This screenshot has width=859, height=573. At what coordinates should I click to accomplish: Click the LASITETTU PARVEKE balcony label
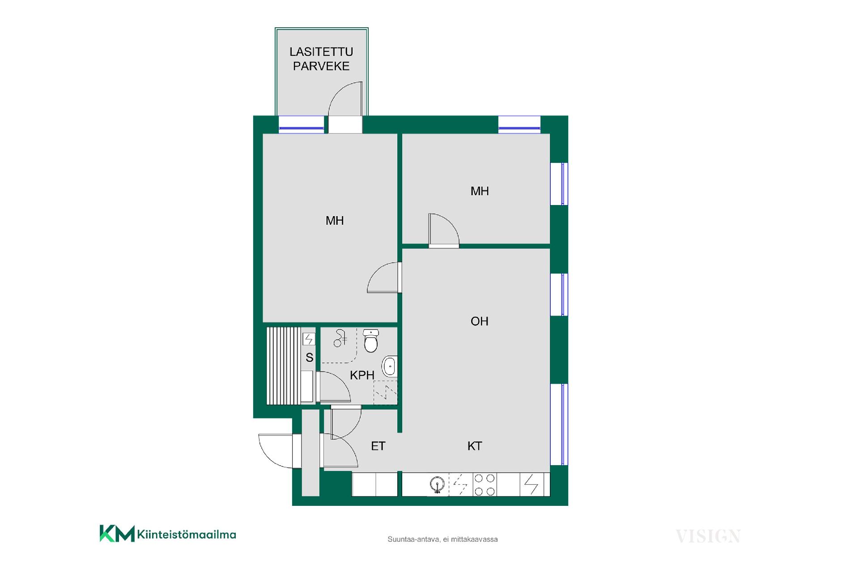coord(321,59)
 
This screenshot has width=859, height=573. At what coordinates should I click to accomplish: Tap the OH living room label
coord(479,321)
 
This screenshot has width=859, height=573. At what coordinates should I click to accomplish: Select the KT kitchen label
coord(475,446)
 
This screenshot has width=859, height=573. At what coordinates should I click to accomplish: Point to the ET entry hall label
coord(378,446)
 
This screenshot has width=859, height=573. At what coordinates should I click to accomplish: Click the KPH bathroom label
coord(362,375)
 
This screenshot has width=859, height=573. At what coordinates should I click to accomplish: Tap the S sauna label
coord(309,358)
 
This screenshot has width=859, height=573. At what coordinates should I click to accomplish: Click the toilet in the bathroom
coord(371,341)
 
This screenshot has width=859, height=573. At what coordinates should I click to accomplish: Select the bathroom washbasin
coord(390,366)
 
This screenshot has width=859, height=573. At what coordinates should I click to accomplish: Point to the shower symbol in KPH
coord(340,338)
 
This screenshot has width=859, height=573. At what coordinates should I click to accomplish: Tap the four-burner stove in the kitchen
coord(485,485)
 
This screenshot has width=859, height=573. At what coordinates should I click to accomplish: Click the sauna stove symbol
coord(309,339)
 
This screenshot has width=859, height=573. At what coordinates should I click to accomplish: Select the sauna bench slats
coord(284,366)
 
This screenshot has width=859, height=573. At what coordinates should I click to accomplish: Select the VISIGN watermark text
coord(708,536)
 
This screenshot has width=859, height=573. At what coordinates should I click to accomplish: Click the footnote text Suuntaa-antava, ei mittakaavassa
coord(442,539)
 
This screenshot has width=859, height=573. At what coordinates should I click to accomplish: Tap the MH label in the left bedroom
coord(335,220)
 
